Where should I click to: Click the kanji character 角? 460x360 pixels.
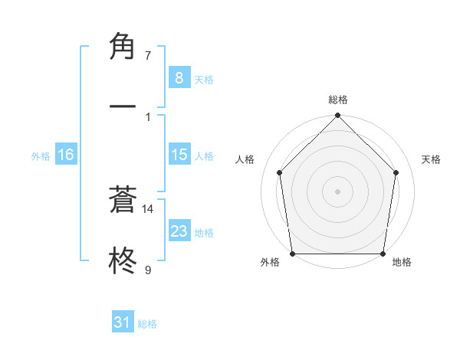click(x=123, y=47)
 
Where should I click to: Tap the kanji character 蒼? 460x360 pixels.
click(x=123, y=201)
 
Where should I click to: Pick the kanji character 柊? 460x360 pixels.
click(x=123, y=260)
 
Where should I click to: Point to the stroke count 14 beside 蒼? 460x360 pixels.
click(x=148, y=208)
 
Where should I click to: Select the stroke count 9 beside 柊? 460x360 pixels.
click(x=147, y=270)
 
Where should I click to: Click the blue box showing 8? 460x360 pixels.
click(x=179, y=77)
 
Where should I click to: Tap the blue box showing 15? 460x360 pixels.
click(x=179, y=155)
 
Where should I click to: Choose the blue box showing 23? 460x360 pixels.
click(x=179, y=231)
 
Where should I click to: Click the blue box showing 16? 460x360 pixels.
click(x=65, y=155)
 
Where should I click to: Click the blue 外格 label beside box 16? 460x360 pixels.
click(x=41, y=156)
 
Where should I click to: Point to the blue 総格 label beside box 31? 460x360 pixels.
click(x=147, y=324)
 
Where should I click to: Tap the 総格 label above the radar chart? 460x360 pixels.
click(x=338, y=100)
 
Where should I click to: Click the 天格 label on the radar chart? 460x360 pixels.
click(x=432, y=159)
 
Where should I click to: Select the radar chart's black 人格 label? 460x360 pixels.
click(x=245, y=159)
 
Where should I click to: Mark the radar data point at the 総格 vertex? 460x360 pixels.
click(x=338, y=116)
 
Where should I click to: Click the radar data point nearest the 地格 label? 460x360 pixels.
click(x=383, y=254)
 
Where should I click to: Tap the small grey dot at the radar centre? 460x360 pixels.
click(x=338, y=191)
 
